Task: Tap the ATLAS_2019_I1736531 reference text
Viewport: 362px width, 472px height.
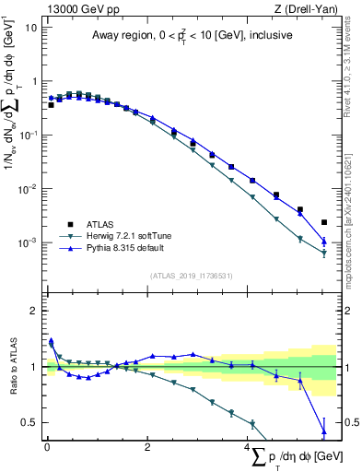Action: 192,276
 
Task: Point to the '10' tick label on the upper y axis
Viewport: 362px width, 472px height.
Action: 30,27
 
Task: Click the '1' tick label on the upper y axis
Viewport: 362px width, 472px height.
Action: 34,81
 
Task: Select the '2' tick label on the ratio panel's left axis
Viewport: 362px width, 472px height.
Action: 34,311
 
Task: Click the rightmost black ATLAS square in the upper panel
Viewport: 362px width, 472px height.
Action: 324,222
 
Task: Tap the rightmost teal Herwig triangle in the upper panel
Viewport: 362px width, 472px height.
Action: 324,254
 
